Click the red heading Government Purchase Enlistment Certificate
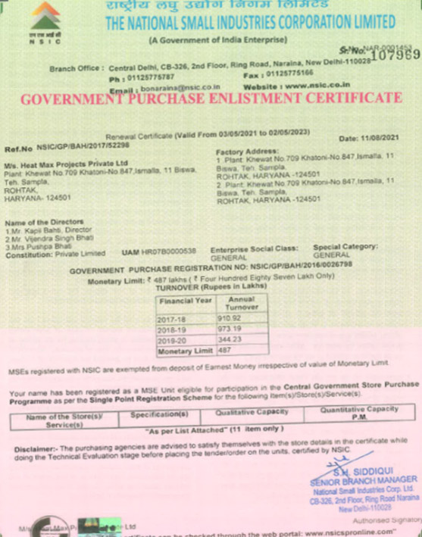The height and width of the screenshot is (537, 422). point(210,99)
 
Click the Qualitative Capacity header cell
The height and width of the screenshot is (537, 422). point(252,414)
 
